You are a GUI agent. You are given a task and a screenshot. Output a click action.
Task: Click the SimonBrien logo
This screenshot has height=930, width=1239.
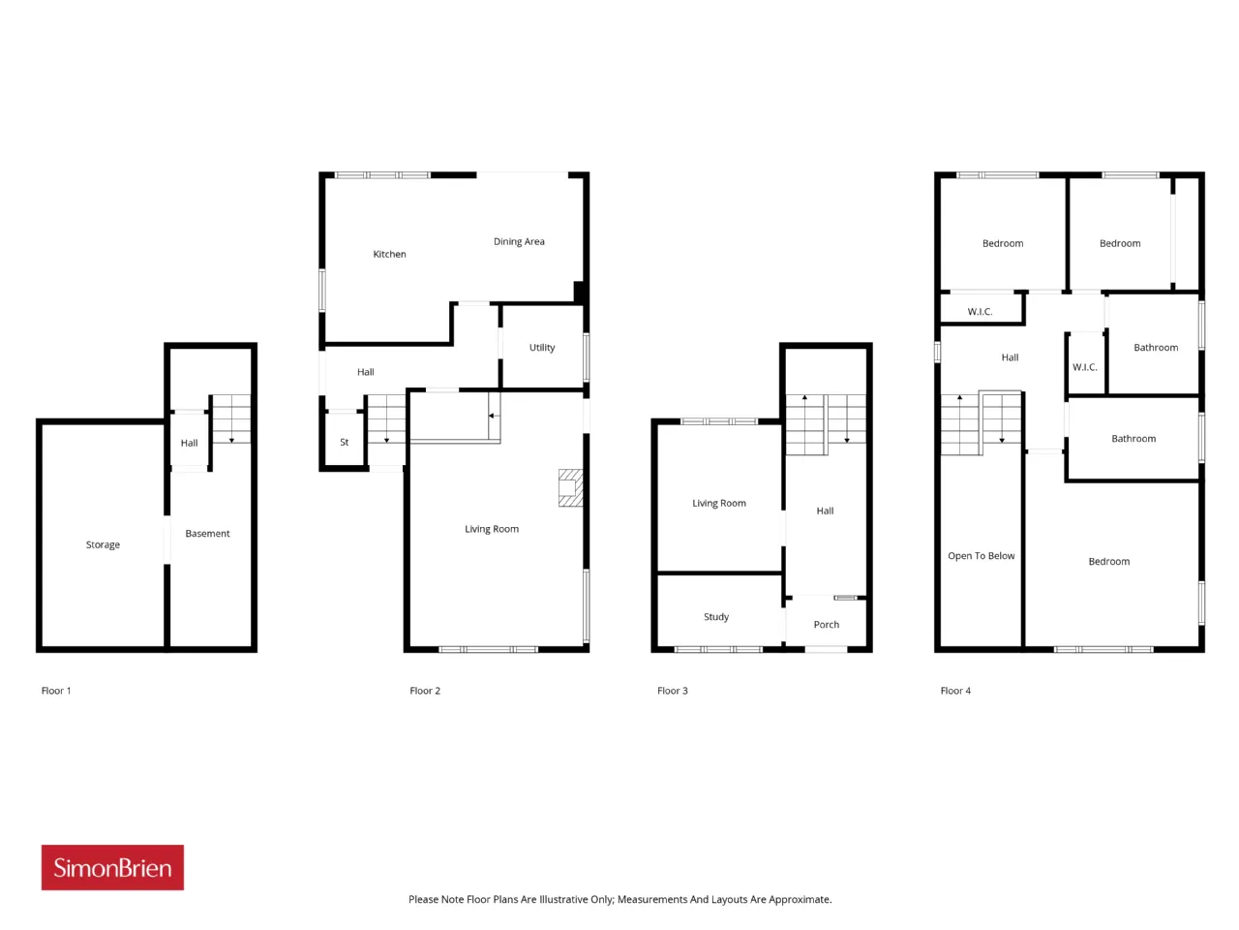[112, 867]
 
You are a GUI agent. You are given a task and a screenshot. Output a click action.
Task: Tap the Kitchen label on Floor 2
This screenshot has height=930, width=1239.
[389, 254]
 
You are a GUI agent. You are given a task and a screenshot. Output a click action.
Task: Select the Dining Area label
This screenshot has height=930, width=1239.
[519, 241]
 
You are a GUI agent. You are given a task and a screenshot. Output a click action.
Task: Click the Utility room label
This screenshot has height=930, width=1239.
[542, 347]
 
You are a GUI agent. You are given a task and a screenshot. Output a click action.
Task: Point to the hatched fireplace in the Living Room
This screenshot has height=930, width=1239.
[570, 487]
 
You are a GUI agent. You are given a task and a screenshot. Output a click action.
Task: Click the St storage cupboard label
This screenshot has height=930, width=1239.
[345, 442]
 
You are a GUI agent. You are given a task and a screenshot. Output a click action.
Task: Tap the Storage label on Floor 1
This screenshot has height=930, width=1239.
[103, 544]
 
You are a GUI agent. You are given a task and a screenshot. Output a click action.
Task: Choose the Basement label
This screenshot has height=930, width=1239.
[207, 533]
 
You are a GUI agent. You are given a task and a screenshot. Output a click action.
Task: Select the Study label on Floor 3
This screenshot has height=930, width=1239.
[716, 617]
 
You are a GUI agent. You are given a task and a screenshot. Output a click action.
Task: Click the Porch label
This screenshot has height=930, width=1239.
[827, 625]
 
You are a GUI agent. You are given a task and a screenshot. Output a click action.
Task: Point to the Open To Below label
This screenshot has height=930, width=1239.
[982, 556]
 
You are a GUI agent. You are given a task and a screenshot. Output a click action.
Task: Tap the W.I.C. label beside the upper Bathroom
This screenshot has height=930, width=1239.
[1084, 367]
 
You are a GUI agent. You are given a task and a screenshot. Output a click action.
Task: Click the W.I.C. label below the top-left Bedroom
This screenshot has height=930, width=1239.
[980, 312]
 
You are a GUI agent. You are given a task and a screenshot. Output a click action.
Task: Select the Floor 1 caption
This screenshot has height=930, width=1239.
[56, 691]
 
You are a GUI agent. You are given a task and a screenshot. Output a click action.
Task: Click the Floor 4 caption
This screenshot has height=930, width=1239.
[955, 691]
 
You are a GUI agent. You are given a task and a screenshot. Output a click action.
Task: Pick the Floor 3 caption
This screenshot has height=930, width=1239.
[673, 691]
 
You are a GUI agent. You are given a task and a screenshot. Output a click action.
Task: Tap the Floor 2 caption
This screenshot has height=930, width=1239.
[425, 691]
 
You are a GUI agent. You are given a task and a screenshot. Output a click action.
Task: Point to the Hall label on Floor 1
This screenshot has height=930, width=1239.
[189, 444]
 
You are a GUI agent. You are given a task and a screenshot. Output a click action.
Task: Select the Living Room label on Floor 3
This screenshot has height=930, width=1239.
[719, 503]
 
